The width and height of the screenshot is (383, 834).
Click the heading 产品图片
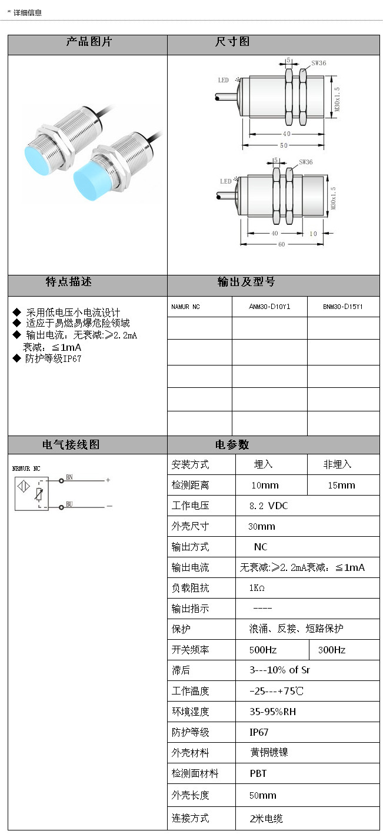tap(88, 42)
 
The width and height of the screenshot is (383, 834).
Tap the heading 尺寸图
tap(232, 42)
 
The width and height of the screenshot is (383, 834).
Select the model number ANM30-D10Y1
tap(269, 307)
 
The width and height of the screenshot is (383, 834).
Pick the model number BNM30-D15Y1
tap(343, 307)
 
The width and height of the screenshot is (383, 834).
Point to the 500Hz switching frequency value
tap(263, 650)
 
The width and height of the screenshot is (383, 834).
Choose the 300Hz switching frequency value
tap(332, 650)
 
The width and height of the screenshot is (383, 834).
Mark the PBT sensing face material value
tap(258, 773)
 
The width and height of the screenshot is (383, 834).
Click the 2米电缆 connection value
tap(267, 818)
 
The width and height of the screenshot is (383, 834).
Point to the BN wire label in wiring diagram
tap(69, 477)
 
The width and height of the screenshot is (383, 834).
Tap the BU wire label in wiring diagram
tap(69, 504)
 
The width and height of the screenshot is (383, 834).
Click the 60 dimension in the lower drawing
tap(282, 244)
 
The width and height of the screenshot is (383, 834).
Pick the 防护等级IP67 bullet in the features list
tap(53, 358)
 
